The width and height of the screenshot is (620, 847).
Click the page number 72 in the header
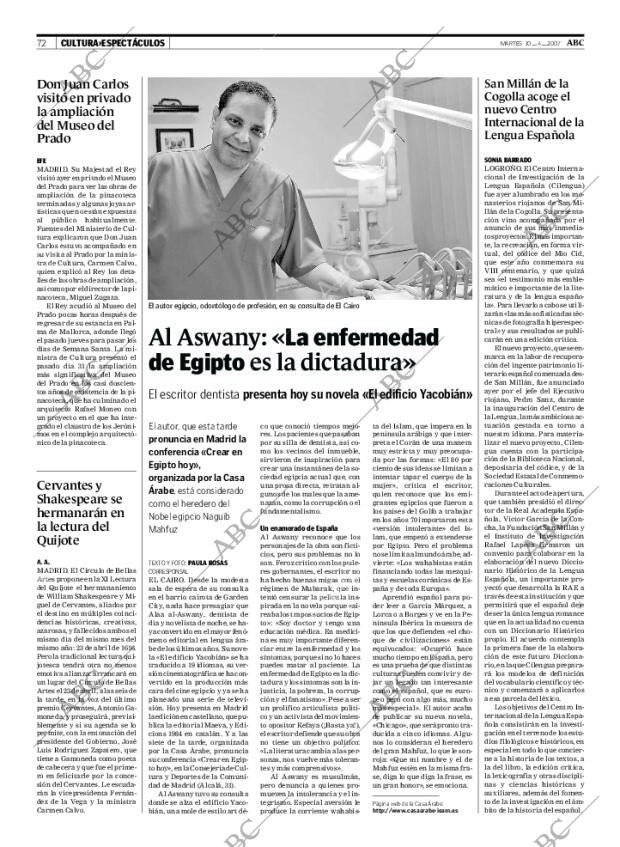pos(42,43)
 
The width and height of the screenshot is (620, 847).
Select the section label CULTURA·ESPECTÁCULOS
pos(112,43)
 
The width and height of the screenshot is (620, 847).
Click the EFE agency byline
pos(41,160)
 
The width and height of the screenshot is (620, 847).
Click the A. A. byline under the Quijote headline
pos(42,561)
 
